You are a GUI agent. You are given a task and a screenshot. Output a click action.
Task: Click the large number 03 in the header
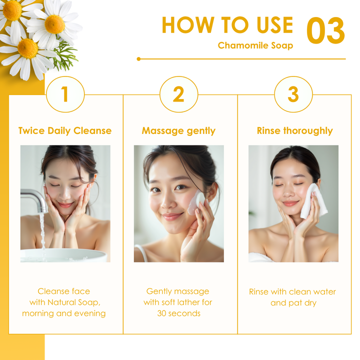tap(325, 30)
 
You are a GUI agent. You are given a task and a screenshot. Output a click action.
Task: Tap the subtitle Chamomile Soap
tap(255, 45)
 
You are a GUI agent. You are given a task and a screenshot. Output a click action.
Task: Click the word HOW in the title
tap(188, 25)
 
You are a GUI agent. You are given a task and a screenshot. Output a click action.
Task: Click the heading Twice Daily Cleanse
tap(65, 130)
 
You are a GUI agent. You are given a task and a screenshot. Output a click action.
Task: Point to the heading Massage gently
tap(178, 131)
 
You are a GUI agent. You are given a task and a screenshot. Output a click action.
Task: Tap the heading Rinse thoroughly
tap(294, 131)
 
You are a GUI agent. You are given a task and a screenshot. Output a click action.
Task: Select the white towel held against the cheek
tap(313, 201)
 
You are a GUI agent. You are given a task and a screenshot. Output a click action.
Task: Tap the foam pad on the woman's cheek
tap(196, 203)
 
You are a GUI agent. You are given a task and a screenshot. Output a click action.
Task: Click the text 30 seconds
tap(179, 313)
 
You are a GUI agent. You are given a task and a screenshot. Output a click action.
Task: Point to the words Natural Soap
tap(74, 302)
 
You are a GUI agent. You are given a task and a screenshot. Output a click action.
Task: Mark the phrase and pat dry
tap(293, 303)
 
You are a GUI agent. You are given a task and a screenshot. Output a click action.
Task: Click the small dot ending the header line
tap(138, 59)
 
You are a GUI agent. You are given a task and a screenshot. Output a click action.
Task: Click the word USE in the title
tap(275, 25)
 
